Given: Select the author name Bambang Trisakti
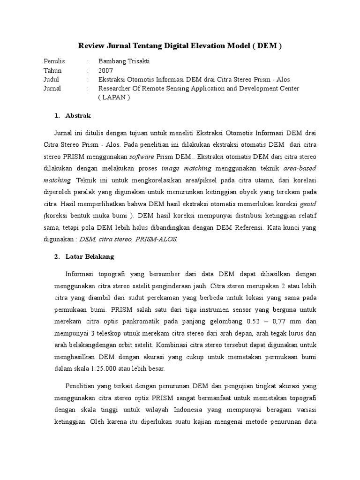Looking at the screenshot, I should click(x=123, y=61).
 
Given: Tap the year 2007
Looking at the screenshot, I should click(x=105, y=70).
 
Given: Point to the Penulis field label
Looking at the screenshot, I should click(x=54, y=61).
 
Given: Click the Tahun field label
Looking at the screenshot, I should click(x=52, y=70).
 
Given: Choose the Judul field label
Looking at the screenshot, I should click(x=52, y=79).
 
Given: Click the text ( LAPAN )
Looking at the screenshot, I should click(x=113, y=97).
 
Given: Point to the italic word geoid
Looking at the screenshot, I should click(x=307, y=205).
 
